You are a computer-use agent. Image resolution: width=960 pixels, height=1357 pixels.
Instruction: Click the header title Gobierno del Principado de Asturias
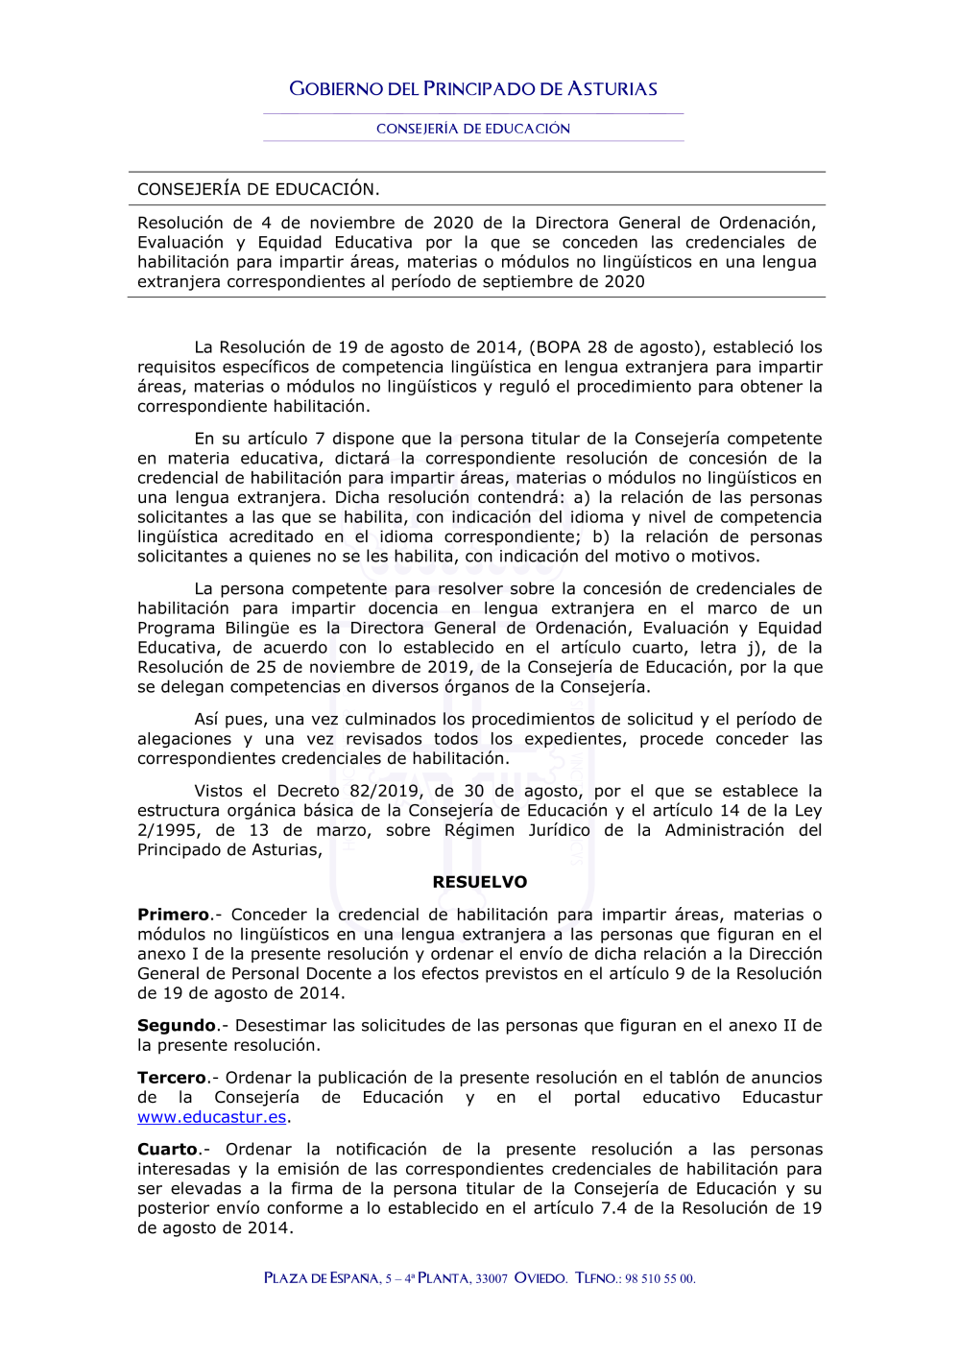click(473, 89)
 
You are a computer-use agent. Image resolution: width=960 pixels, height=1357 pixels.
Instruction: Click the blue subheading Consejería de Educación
click(473, 129)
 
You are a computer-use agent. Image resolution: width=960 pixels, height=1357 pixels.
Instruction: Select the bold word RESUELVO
click(480, 882)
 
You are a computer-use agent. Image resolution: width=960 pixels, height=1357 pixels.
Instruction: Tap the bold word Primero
click(173, 915)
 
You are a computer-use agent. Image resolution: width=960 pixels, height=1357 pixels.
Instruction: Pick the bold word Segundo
click(177, 1025)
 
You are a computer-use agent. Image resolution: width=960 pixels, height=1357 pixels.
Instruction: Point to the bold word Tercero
click(172, 1078)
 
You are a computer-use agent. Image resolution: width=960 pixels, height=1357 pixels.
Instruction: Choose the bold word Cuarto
click(167, 1149)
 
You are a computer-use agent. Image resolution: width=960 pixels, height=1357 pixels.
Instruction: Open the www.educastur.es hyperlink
click(211, 1117)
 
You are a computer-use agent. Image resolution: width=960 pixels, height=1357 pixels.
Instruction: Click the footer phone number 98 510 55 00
click(660, 1278)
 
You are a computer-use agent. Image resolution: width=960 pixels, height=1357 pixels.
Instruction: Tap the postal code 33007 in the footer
click(492, 1278)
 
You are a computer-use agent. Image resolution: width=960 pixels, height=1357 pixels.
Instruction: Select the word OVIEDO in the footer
click(540, 1278)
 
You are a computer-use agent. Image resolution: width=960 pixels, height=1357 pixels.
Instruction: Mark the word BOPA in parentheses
click(559, 347)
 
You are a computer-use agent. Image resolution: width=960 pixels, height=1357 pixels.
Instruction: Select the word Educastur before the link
click(781, 1097)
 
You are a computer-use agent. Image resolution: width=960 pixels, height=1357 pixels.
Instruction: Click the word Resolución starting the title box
click(180, 223)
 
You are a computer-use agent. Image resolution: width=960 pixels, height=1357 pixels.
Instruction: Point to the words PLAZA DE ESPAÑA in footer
click(322, 1278)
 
